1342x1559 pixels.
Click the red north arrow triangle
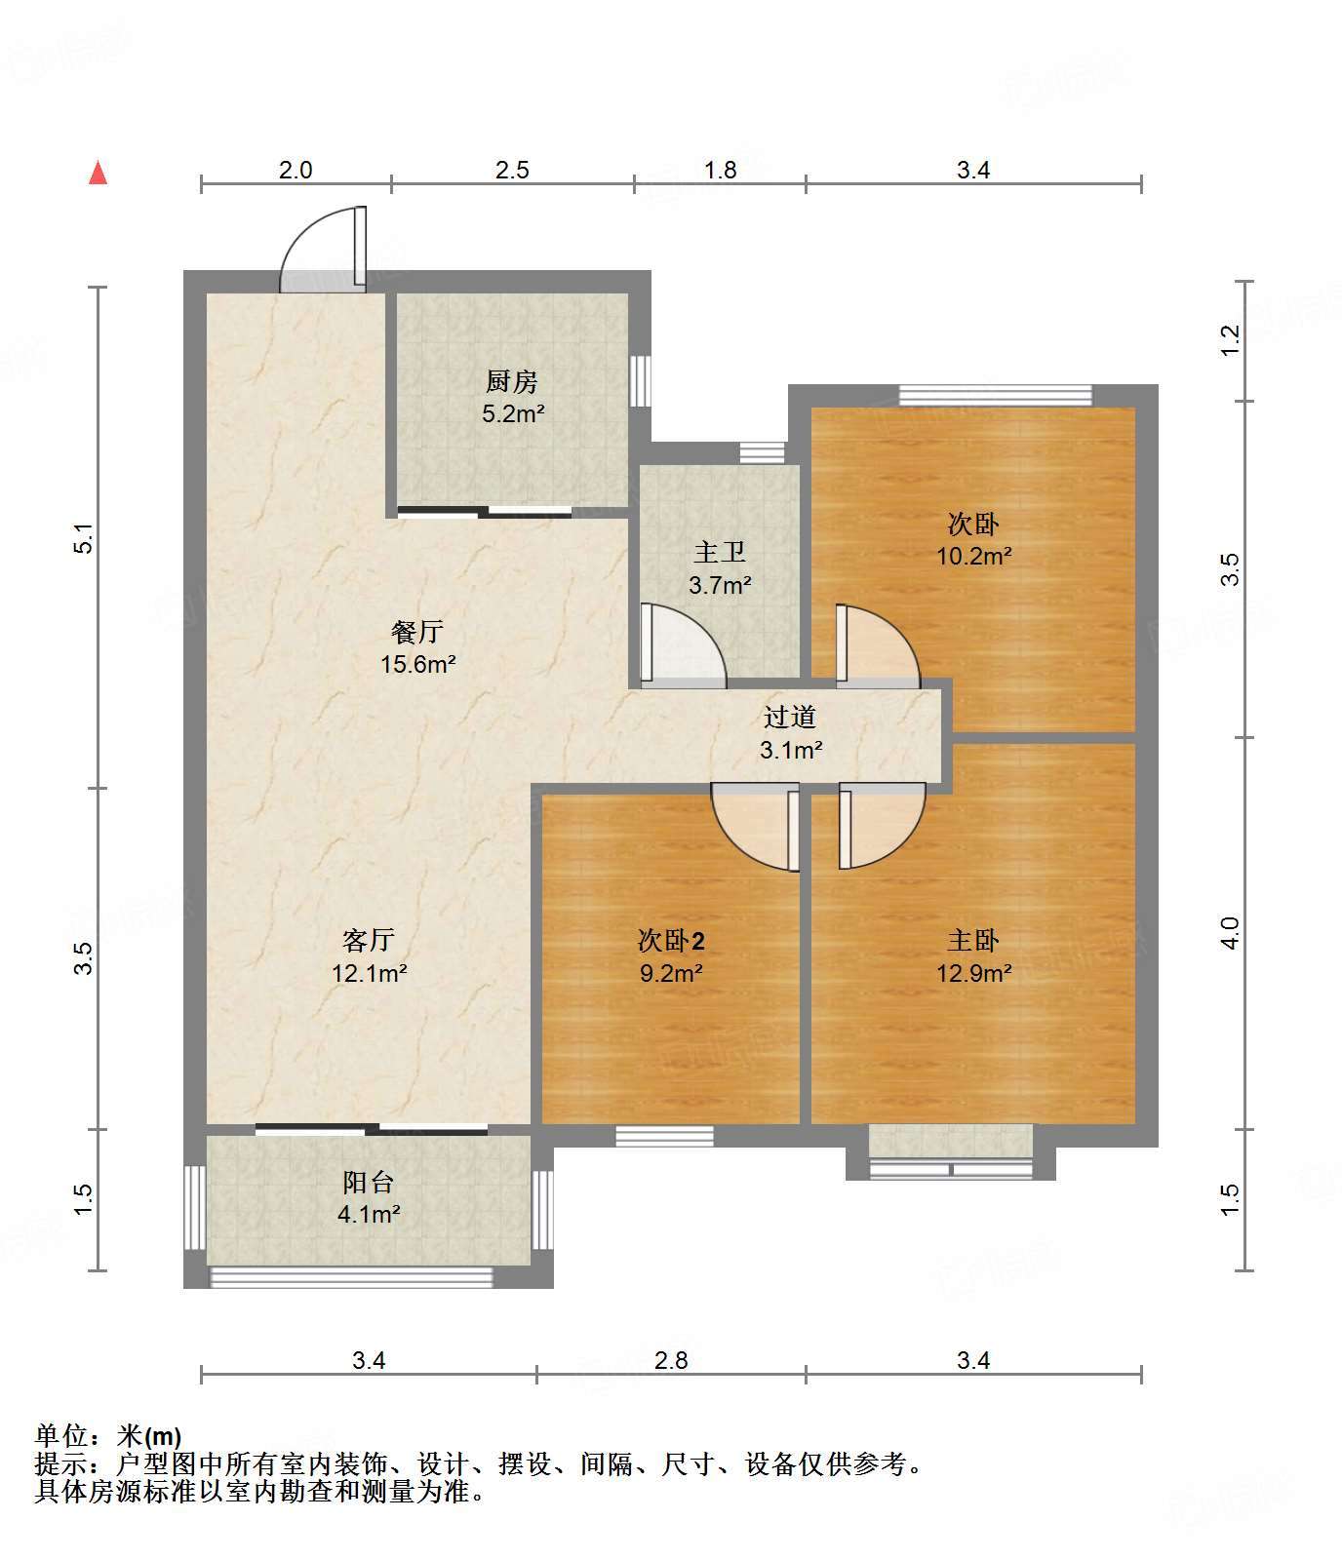pos(98,173)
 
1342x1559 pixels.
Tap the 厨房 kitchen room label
pos(512,381)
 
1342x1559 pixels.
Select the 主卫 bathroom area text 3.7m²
pos(720,585)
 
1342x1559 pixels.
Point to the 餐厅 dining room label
pos(417,632)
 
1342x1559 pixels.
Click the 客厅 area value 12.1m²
pos(369,972)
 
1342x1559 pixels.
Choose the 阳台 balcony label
pos(369,1183)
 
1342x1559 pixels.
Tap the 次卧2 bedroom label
pos(671,941)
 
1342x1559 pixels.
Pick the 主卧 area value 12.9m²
pos(973,972)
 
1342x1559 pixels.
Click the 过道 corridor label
pos(790,718)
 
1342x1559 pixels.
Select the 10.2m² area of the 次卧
pos(973,556)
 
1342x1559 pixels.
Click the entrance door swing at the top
pos(323,250)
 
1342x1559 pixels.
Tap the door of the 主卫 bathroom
pos(682,644)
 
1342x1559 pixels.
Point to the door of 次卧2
pos(756,827)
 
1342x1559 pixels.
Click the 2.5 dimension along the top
pos(512,171)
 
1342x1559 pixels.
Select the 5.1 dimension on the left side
pos(85,539)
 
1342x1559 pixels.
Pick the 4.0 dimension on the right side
pos(1231,933)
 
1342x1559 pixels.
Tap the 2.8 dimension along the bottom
pos(671,1360)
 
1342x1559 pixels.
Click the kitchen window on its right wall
pos(640,380)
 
